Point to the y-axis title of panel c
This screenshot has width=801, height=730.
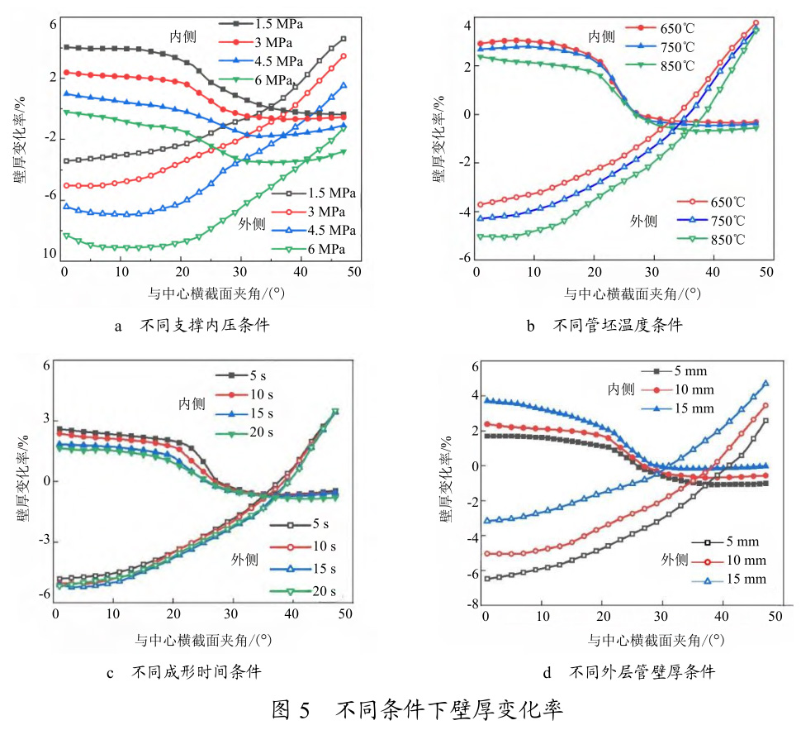click(20, 478)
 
